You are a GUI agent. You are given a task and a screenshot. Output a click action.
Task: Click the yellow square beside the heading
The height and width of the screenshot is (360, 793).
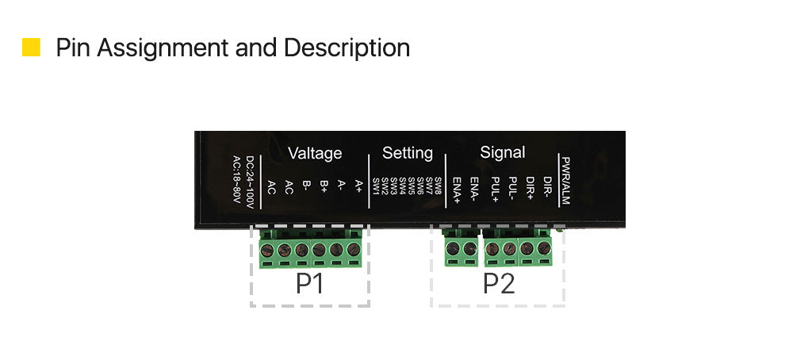coord(32,47)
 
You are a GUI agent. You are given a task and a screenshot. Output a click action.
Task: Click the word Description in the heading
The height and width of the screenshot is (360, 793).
coord(347,48)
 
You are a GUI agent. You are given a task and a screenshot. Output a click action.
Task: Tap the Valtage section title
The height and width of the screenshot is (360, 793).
coord(315,153)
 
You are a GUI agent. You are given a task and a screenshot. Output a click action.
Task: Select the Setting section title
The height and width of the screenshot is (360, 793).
coord(407,153)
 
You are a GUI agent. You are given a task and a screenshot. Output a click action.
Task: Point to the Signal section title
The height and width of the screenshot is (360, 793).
coord(502,152)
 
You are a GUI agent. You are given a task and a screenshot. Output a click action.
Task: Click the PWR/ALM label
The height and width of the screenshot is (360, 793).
coord(565,180)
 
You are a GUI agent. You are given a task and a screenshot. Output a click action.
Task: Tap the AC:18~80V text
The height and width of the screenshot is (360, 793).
coord(236,180)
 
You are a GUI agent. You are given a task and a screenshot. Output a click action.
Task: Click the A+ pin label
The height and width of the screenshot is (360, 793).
coord(358,186)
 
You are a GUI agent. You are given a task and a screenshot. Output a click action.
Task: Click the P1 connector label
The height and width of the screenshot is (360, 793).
coord(309,284)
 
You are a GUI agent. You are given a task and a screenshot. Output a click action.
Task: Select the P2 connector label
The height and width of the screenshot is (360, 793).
coord(499,284)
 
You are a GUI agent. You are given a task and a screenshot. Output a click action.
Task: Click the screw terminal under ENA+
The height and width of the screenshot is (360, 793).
coord(453,248)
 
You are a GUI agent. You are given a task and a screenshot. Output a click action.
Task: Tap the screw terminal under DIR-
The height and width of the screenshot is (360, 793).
coord(544,248)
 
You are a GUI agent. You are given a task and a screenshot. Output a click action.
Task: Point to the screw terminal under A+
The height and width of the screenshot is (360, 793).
coord(354,249)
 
